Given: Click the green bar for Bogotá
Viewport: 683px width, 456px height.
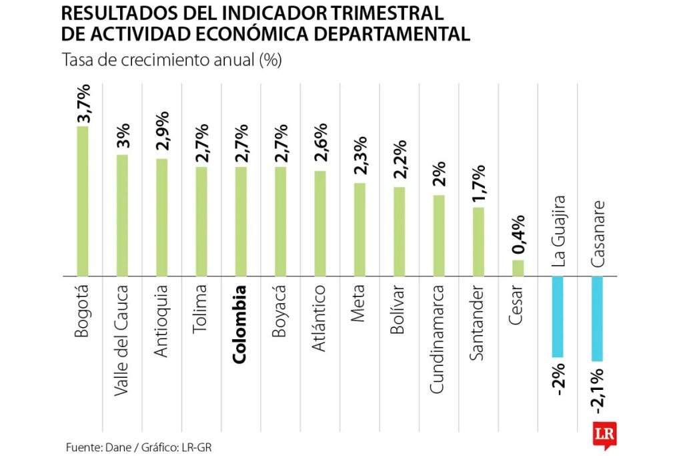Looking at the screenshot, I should click(x=83, y=200).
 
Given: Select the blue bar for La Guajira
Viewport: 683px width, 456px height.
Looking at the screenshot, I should click(x=558, y=316).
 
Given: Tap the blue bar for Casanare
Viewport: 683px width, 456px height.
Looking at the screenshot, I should click(x=597, y=319).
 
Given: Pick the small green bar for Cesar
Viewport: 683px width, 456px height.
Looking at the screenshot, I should click(x=518, y=268).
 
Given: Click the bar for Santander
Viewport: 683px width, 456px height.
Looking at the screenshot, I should click(x=478, y=241).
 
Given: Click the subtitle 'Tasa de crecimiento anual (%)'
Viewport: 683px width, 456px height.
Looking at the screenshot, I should click(x=171, y=61).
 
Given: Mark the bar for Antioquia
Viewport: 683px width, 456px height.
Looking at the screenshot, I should click(x=161, y=217).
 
